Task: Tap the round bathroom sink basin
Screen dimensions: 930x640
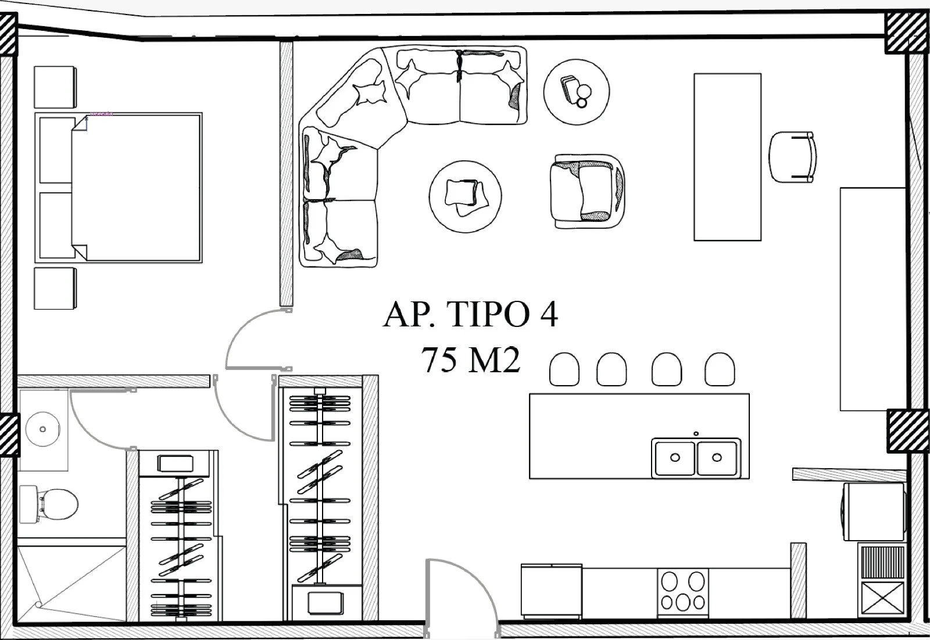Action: (42, 429)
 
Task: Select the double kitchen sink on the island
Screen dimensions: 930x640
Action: (696, 457)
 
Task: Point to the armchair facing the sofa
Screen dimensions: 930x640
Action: (588, 191)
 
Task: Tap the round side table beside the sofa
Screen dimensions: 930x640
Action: (576, 91)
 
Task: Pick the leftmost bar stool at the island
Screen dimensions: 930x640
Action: (564, 369)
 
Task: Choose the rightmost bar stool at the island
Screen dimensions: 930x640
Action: (720, 369)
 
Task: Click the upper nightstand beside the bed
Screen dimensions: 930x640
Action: (55, 87)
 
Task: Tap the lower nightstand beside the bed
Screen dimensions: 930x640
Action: (55, 288)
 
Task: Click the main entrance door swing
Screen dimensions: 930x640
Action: (459, 598)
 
